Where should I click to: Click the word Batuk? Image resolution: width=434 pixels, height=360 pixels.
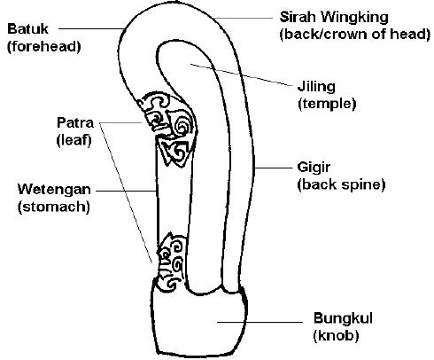27,29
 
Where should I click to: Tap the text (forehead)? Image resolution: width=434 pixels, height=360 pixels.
44,47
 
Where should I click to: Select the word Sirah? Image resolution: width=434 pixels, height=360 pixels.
298,17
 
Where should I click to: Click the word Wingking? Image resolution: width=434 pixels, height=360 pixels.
354,18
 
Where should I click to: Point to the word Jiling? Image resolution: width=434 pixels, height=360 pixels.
316,87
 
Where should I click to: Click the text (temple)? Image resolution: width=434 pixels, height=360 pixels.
327,104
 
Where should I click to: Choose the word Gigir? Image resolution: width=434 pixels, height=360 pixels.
314,168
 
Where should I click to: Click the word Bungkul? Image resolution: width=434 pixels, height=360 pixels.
343,318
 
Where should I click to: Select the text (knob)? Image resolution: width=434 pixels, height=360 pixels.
336,335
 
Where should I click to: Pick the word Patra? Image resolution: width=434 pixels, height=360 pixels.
75,122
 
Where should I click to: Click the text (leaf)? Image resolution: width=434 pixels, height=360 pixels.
74,140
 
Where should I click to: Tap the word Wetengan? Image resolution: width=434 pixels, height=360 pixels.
54,190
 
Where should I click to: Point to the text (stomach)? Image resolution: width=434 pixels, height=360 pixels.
54,207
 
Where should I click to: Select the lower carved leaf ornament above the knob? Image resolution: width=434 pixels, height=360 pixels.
171,262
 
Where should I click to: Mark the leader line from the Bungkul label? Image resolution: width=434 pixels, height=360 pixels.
260,322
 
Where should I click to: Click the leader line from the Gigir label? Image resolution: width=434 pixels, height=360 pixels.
273,168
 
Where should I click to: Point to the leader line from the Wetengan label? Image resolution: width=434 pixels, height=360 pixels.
126,191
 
